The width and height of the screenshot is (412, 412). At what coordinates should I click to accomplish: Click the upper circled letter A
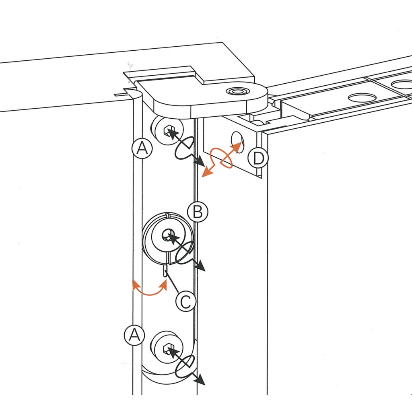point(142,148)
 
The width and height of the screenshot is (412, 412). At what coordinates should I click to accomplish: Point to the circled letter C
point(185,301)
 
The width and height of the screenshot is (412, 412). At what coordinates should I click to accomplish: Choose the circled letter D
point(257,158)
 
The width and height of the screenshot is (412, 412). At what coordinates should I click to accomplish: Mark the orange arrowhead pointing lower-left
point(206,173)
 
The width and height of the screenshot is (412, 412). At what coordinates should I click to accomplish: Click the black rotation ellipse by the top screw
point(185,148)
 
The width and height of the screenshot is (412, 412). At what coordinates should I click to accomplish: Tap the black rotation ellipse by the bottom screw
point(185,366)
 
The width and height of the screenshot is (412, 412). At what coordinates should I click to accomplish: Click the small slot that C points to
point(165,272)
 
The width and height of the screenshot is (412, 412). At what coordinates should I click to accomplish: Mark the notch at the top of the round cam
point(168,218)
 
